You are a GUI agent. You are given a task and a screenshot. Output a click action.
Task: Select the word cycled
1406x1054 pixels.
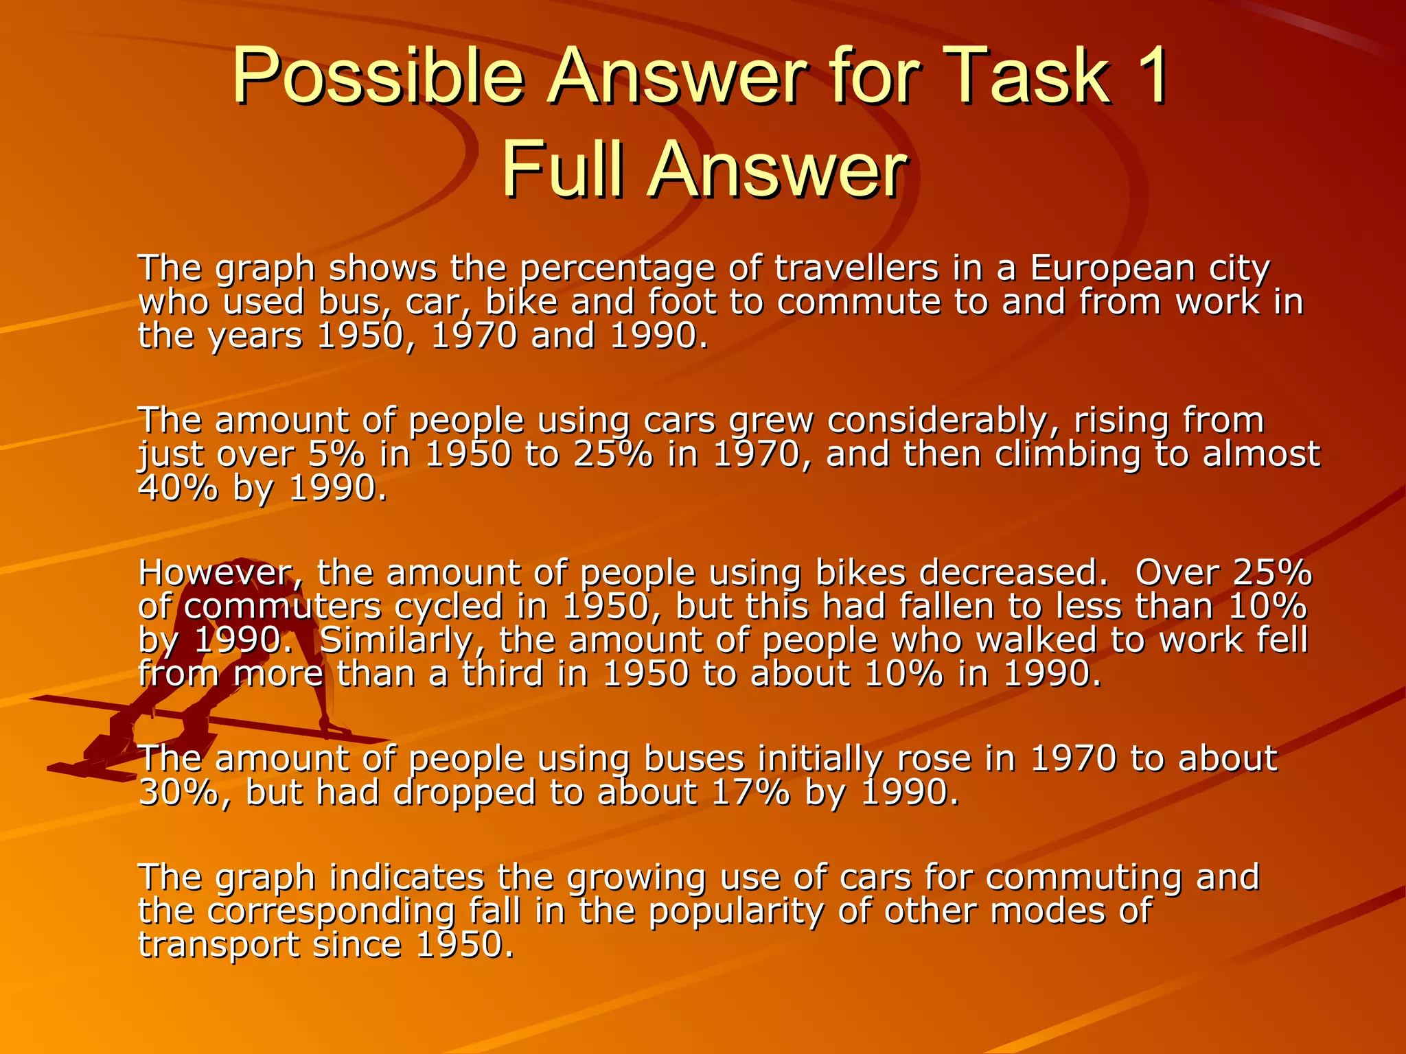point(467,607)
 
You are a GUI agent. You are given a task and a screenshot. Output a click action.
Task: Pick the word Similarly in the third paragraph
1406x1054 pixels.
point(405,640)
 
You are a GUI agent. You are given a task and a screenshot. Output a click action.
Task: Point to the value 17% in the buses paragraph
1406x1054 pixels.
point(751,793)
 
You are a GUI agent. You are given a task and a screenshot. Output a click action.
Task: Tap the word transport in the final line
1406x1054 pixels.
point(219,945)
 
